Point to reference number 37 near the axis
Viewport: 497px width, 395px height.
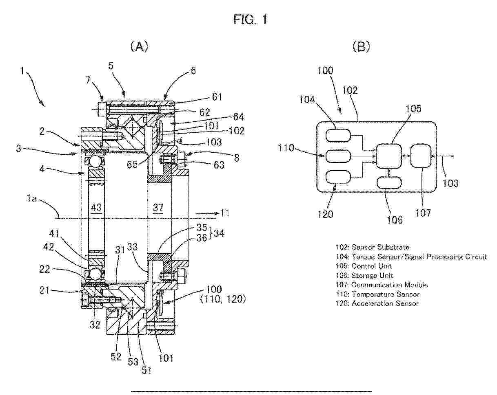pos(158,208)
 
